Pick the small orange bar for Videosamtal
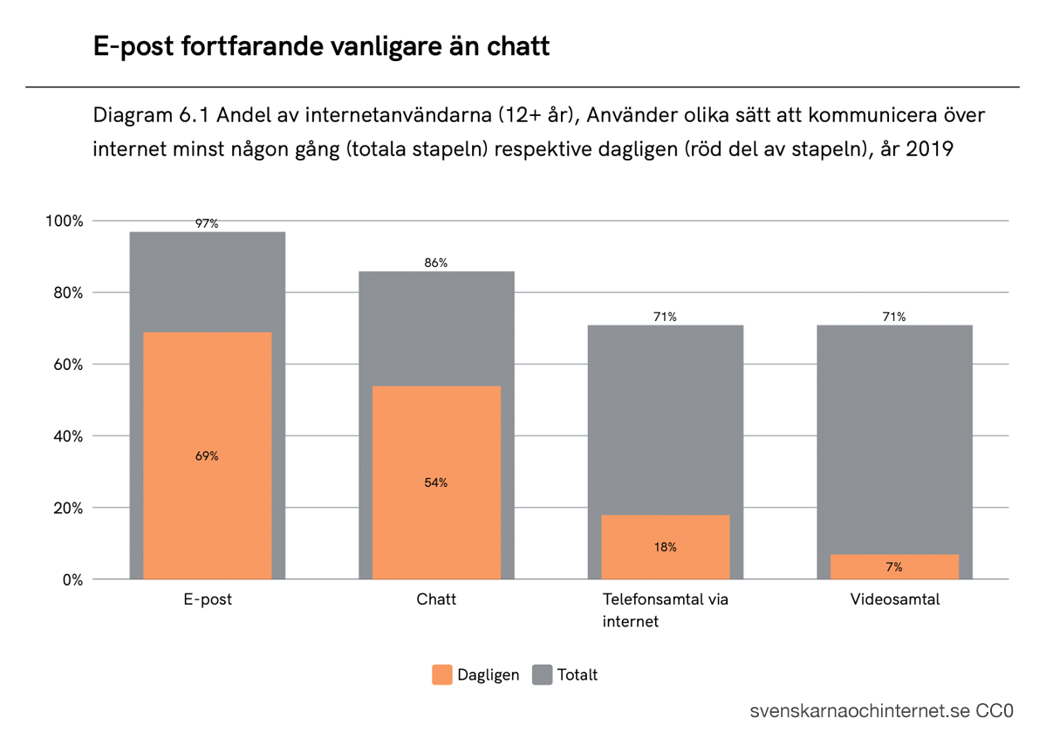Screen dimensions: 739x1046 [x=894, y=567]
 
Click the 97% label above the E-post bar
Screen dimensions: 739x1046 [x=207, y=224]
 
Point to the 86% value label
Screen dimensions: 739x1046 [x=436, y=263]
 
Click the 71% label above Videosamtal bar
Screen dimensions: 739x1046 [x=894, y=317]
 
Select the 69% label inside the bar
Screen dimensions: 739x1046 [x=207, y=456]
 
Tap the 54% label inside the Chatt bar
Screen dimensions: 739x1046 [x=436, y=482]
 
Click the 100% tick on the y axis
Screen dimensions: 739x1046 [x=65, y=221]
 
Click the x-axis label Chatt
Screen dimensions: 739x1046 [x=436, y=600]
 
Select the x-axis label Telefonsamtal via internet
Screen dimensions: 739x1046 [x=665, y=611]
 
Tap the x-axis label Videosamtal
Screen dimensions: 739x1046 [x=894, y=600]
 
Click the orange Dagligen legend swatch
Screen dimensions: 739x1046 [x=442, y=674]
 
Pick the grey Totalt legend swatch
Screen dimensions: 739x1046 [x=543, y=674]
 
